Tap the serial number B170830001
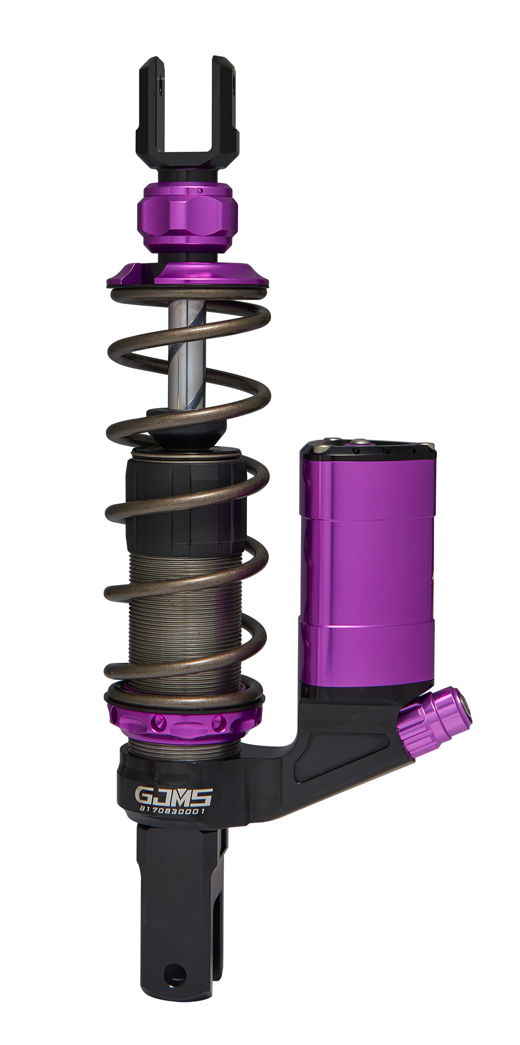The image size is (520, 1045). tap(173, 811)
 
